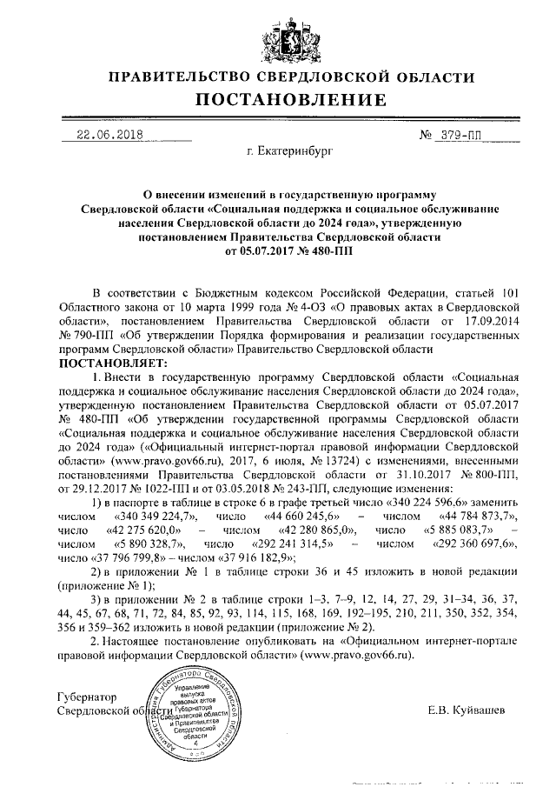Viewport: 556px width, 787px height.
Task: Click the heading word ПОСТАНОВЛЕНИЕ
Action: (278, 101)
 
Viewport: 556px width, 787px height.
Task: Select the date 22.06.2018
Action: (109, 135)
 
